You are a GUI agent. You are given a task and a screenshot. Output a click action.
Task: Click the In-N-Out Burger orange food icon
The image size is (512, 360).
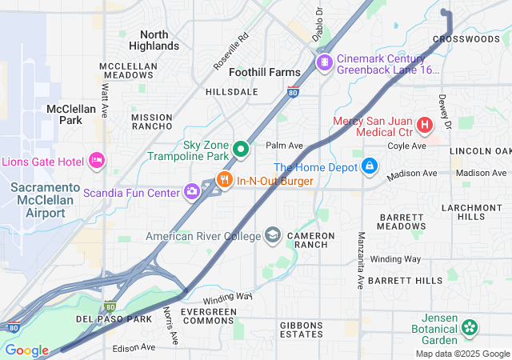(x=226, y=180)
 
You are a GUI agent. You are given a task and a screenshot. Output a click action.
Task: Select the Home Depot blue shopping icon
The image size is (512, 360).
(x=369, y=166)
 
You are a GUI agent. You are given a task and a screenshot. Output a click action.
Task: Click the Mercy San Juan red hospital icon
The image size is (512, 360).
(x=424, y=125)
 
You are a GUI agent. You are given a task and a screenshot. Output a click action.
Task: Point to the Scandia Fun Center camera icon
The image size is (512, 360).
(x=192, y=190)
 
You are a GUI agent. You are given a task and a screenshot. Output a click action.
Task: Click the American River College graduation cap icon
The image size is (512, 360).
(x=273, y=235)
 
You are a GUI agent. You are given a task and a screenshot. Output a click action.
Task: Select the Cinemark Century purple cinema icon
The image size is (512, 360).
(x=324, y=62)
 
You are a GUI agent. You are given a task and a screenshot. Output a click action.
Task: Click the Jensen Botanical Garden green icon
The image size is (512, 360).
(x=470, y=327)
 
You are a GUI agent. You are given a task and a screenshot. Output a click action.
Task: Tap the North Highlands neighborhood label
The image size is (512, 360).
(x=154, y=40)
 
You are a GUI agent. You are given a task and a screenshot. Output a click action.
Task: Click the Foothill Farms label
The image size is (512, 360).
(x=265, y=72)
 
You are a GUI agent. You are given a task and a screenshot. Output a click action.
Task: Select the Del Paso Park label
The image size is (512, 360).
(x=114, y=319)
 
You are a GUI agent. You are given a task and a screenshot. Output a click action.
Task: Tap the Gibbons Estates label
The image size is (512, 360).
(x=302, y=329)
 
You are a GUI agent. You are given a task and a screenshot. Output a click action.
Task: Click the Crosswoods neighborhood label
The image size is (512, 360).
(x=466, y=38)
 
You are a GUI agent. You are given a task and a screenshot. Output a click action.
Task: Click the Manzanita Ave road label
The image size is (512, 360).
(x=361, y=260)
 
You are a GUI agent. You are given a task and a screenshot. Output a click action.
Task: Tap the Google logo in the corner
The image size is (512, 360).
(x=26, y=350)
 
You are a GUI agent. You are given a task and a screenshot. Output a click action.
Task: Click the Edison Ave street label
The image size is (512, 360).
(x=134, y=347)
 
